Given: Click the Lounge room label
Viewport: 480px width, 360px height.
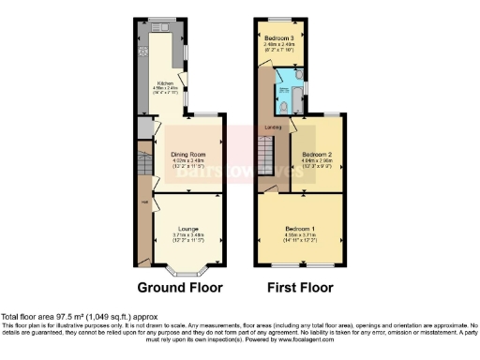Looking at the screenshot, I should pyautogui.click(x=187, y=227).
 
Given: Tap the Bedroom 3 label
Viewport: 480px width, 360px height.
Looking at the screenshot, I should pyautogui.click(x=279, y=37).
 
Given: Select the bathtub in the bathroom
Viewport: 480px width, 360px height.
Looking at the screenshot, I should pyautogui.click(x=283, y=96).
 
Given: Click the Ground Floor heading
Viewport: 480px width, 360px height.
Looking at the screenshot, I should pyautogui.click(x=180, y=287).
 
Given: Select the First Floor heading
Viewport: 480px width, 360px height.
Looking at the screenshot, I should pyautogui.click(x=301, y=287).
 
